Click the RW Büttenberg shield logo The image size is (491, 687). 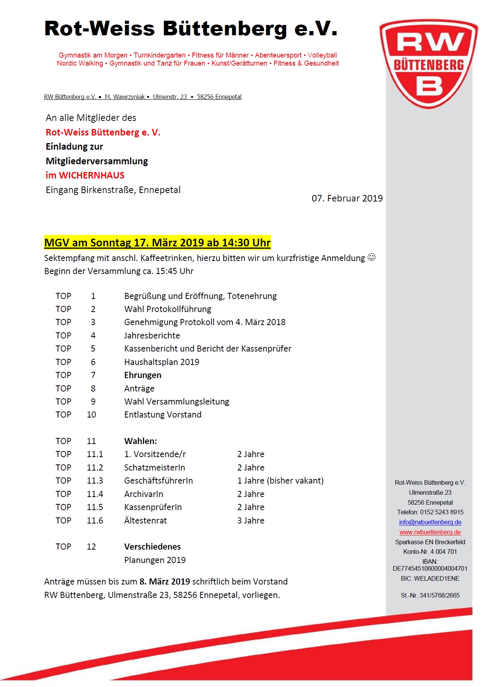coord(429,64)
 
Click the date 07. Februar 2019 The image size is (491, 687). coord(347,198)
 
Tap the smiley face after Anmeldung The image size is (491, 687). coord(371,258)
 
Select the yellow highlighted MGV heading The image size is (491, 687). coord(157,243)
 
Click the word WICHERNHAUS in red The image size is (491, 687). coord(92,175)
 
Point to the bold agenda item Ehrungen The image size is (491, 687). coord(143,375)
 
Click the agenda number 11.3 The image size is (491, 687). coord(95,481)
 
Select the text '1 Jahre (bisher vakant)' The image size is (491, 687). coord(280,481)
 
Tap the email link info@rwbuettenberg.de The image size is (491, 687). coord(430,522)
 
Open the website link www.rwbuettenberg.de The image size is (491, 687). coord(430,532)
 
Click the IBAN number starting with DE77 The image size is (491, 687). coord(430,568)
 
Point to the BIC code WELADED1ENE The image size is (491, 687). coord(437,578)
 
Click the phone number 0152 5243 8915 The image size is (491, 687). coord(442,512)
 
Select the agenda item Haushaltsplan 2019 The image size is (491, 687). coord(161,362)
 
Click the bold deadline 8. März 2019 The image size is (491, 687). coord(165,581)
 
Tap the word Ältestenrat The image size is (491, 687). coord(145,520)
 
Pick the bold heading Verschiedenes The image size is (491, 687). coord(152,547)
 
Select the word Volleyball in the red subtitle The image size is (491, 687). coord(322,55)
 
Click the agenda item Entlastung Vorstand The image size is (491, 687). coord(163,415)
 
